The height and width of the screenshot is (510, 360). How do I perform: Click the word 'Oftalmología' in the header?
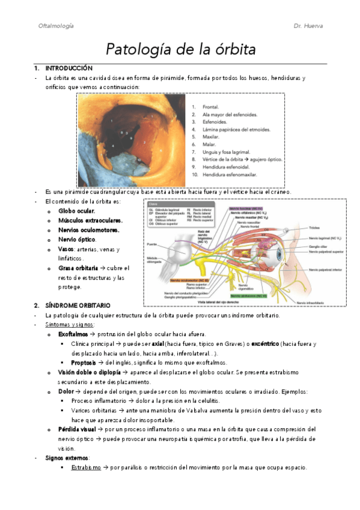(56, 26)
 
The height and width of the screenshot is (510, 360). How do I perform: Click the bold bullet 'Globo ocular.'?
(77, 211)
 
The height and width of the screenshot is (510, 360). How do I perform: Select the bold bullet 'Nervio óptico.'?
(78, 239)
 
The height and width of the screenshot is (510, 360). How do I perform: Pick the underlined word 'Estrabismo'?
(85, 467)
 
